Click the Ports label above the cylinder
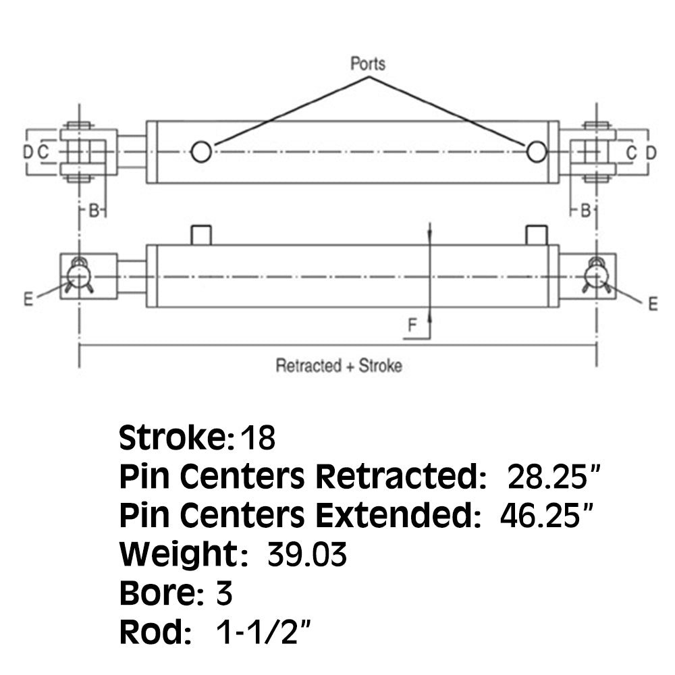(368, 63)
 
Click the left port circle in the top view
(201, 151)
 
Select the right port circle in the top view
(537, 151)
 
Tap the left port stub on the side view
(201, 235)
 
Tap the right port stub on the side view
(537, 235)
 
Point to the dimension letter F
(412, 325)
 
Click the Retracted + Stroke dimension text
(339, 365)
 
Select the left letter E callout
(28, 299)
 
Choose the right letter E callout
(653, 304)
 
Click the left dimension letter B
(94, 211)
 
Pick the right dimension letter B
(585, 211)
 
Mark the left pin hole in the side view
(79, 275)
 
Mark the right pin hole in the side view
(596, 275)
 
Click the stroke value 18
(258, 438)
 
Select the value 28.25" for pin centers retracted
(553, 477)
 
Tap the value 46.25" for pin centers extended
(547, 515)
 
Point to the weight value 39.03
(307, 554)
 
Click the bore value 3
(224, 593)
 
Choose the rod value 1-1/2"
(263, 632)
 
